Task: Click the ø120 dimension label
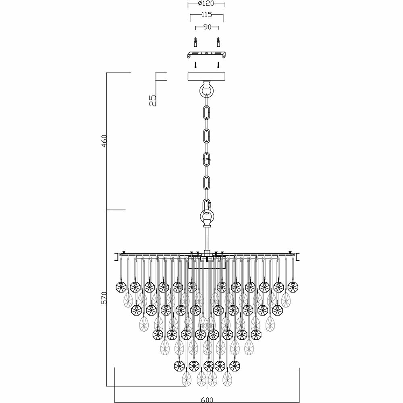(x=206, y=3)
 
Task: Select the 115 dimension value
(x=206, y=15)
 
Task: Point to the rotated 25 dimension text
(x=152, y=100)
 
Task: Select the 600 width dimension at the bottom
(x=206, y=399)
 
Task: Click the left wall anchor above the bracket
(x=195, y=42)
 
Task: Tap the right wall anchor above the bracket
(x=218, y=42)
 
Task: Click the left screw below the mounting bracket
(x=195, y=64)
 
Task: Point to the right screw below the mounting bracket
(x=218, y=64)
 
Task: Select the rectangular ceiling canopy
(x=206, y=77)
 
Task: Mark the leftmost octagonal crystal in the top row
(x=121, y=287)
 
